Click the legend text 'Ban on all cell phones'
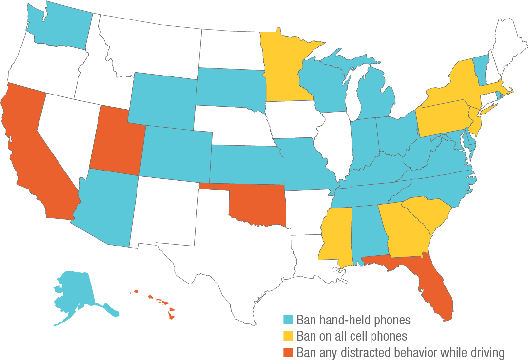tap(352, 336)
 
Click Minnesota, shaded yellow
tap(283, 68)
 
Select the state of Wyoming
tap(163, 100)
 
